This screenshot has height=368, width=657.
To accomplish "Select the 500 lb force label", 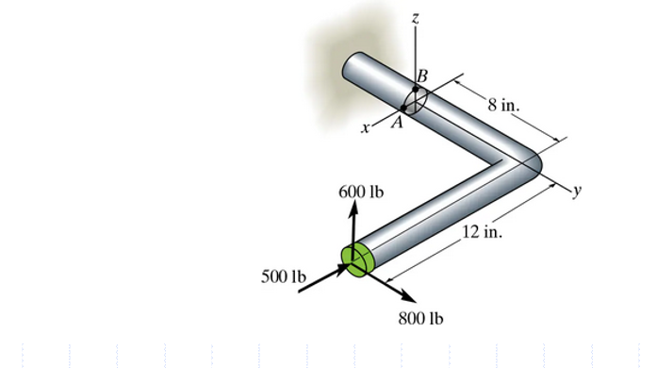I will [x=284, y=276].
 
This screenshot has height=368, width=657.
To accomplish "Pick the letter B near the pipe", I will [x=421, y=74].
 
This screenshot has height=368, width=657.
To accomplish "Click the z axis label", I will [x=415, y=15].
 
